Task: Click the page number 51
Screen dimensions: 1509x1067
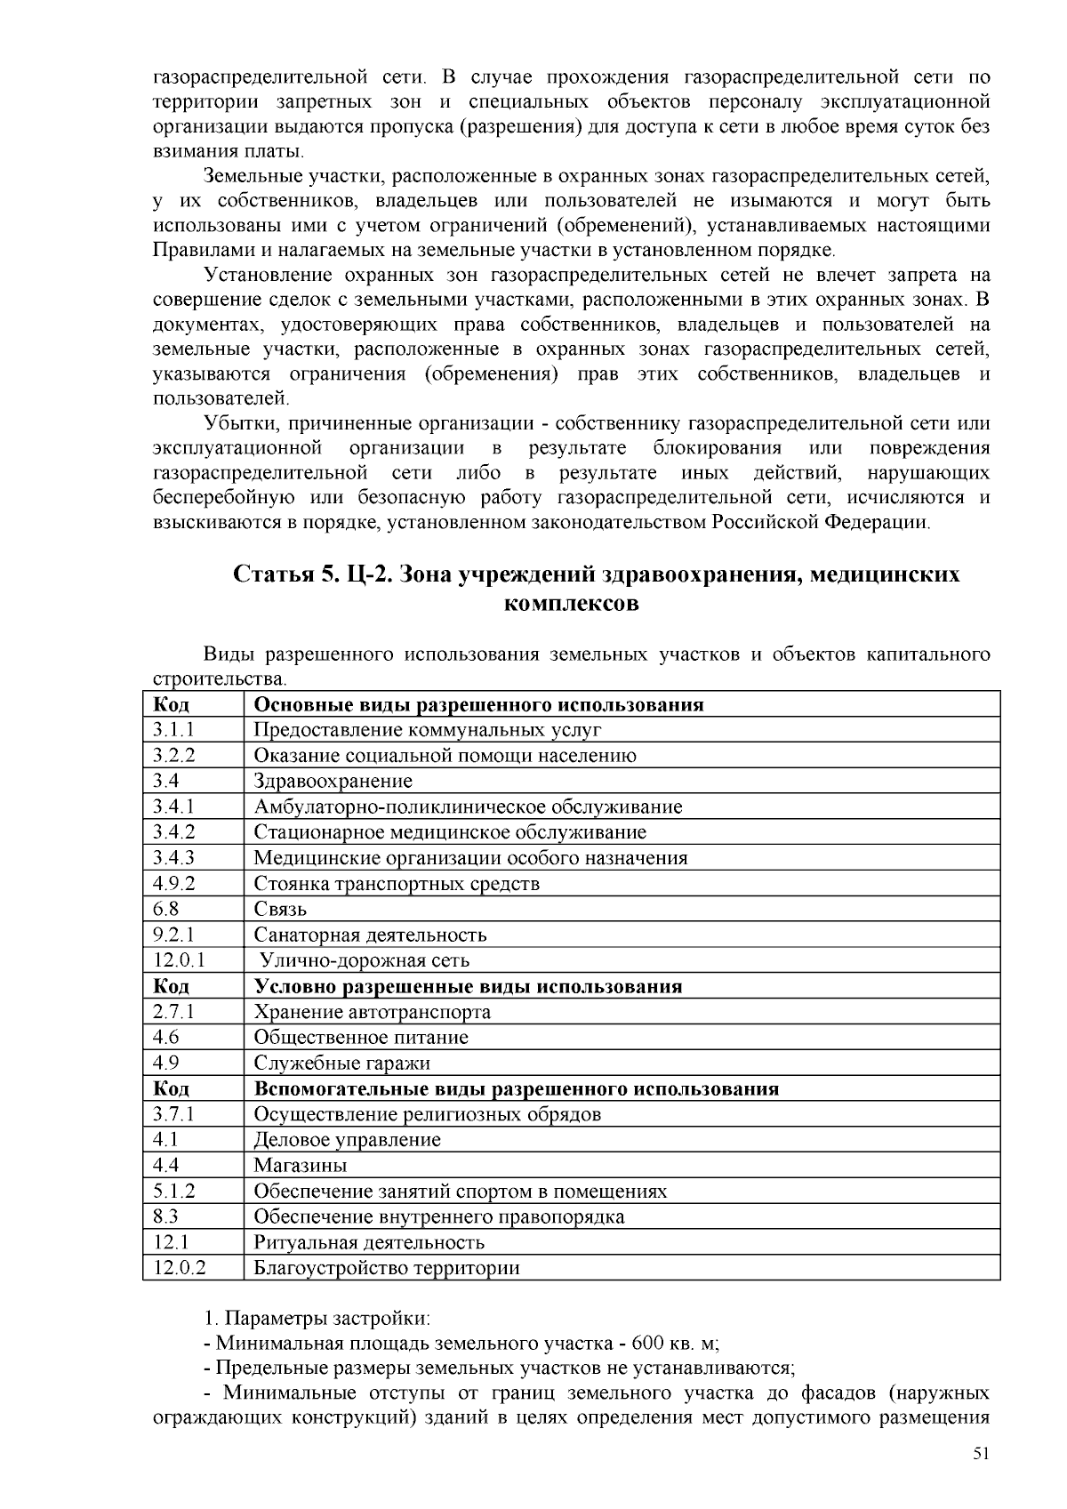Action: click(x=981, y=1454)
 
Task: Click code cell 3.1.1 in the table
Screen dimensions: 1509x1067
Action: click(x=173, y=730)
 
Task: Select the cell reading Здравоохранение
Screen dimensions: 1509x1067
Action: click(x=333, y=782)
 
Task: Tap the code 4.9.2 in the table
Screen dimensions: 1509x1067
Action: click(x=173, y=884)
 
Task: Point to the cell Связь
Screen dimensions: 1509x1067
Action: click(x=280, y=910)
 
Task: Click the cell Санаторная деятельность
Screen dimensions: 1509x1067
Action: click(x=370, y=935)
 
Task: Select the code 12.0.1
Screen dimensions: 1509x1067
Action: click(x=179, y=961)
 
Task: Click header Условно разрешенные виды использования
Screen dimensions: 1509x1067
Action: click(x=468, y=986)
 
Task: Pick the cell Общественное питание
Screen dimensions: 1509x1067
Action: click(x=361, y=1038)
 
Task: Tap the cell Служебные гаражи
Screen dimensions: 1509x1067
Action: click(x=341, y=1064)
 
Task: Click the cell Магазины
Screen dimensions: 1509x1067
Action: click(x=301, y=1166)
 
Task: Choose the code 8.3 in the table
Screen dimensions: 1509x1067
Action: click(x=166, y=1217)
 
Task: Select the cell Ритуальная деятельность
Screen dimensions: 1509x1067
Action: click(x=369, y=1243)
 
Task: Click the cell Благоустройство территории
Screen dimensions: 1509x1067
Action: click(x=387, y=1269)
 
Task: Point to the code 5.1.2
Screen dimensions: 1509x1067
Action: click(x=173, y=1192)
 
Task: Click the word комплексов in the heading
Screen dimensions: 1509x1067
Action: click(x=571, y=604)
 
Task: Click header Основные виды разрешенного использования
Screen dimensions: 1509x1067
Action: click(x=478, y=705)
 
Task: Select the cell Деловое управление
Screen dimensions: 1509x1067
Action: click(x=347, y=1140)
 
